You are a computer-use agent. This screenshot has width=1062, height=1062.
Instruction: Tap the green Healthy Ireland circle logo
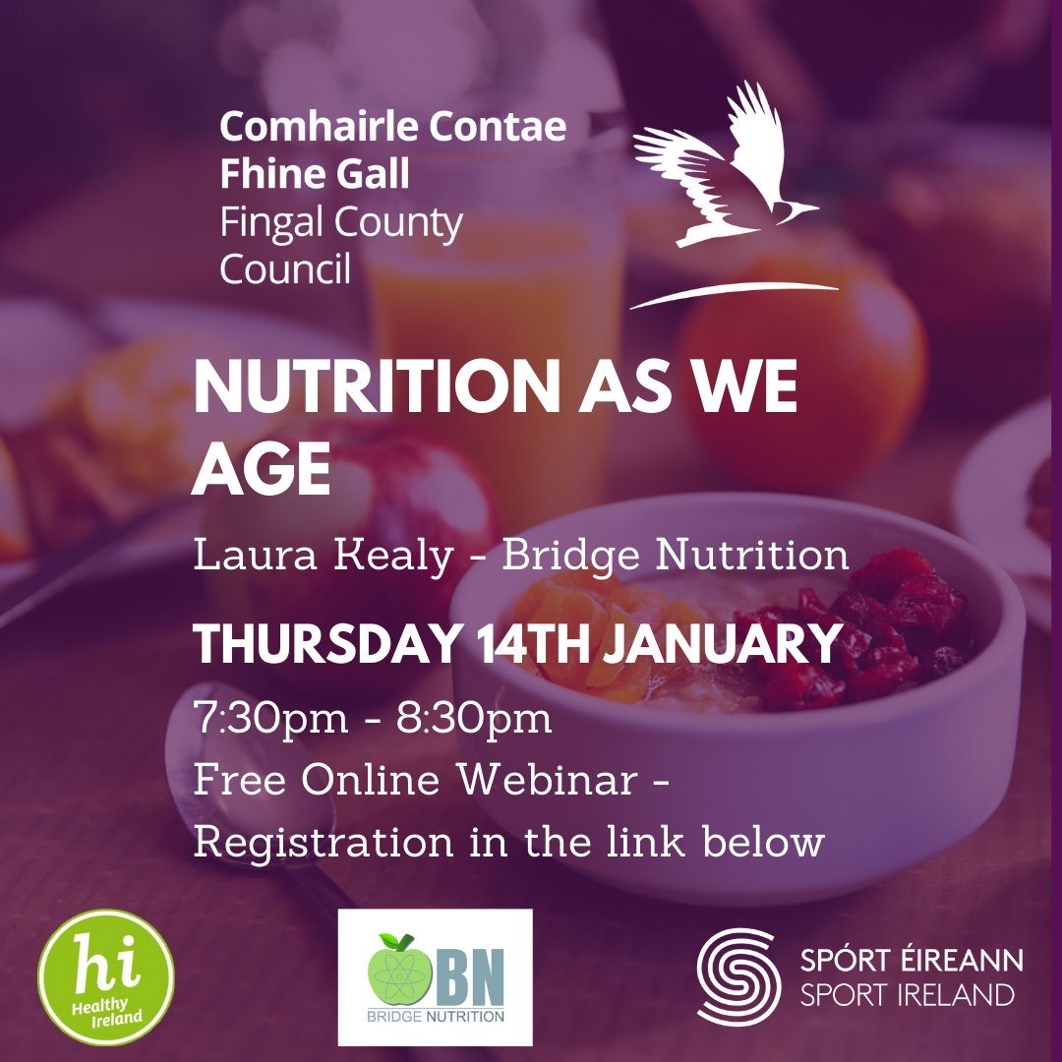tap(105, 976)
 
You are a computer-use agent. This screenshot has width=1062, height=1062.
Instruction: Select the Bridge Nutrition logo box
tap(435, 976)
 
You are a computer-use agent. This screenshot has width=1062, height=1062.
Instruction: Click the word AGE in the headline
tap(261, 469)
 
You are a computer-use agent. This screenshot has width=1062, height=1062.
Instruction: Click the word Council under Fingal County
tap(284, 267)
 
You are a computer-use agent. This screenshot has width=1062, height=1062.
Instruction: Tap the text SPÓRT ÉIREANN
tap(912, 960)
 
